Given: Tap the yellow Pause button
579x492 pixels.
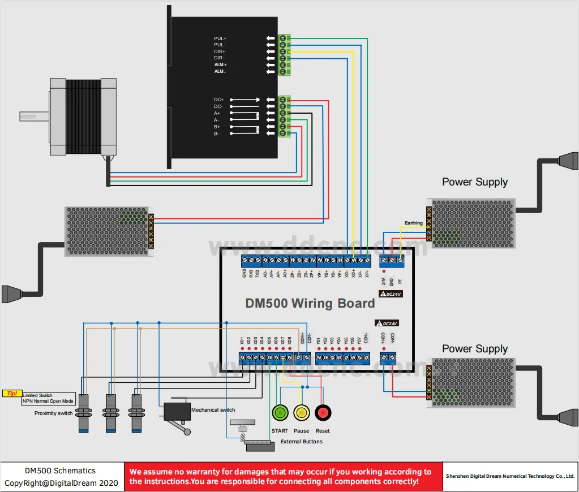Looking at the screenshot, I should [301, 413].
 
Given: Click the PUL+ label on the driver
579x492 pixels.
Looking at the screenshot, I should [220, 38].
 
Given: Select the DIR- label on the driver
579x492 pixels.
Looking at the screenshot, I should [219, 58].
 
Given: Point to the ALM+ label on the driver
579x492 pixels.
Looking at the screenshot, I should [220, 64].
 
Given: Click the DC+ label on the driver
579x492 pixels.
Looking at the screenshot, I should [218, 100].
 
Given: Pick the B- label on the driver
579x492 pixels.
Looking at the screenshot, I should [217, 133].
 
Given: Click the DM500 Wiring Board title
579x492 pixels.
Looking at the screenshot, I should [310, 303].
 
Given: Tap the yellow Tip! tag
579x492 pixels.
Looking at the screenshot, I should [12, 393].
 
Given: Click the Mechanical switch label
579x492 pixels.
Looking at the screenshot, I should [213, 409].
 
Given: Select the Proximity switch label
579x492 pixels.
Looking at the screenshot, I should [53, 413].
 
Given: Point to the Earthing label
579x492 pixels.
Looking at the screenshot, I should [413, 223].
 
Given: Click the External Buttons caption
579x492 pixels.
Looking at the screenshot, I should [302, 441].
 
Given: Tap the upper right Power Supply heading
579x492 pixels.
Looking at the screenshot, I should [474, 182].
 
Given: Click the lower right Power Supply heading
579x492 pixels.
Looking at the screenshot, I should [474, 349].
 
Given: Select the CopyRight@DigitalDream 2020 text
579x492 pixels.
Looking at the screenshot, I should [62, 483].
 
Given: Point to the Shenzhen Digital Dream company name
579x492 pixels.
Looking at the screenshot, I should [510, 476].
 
